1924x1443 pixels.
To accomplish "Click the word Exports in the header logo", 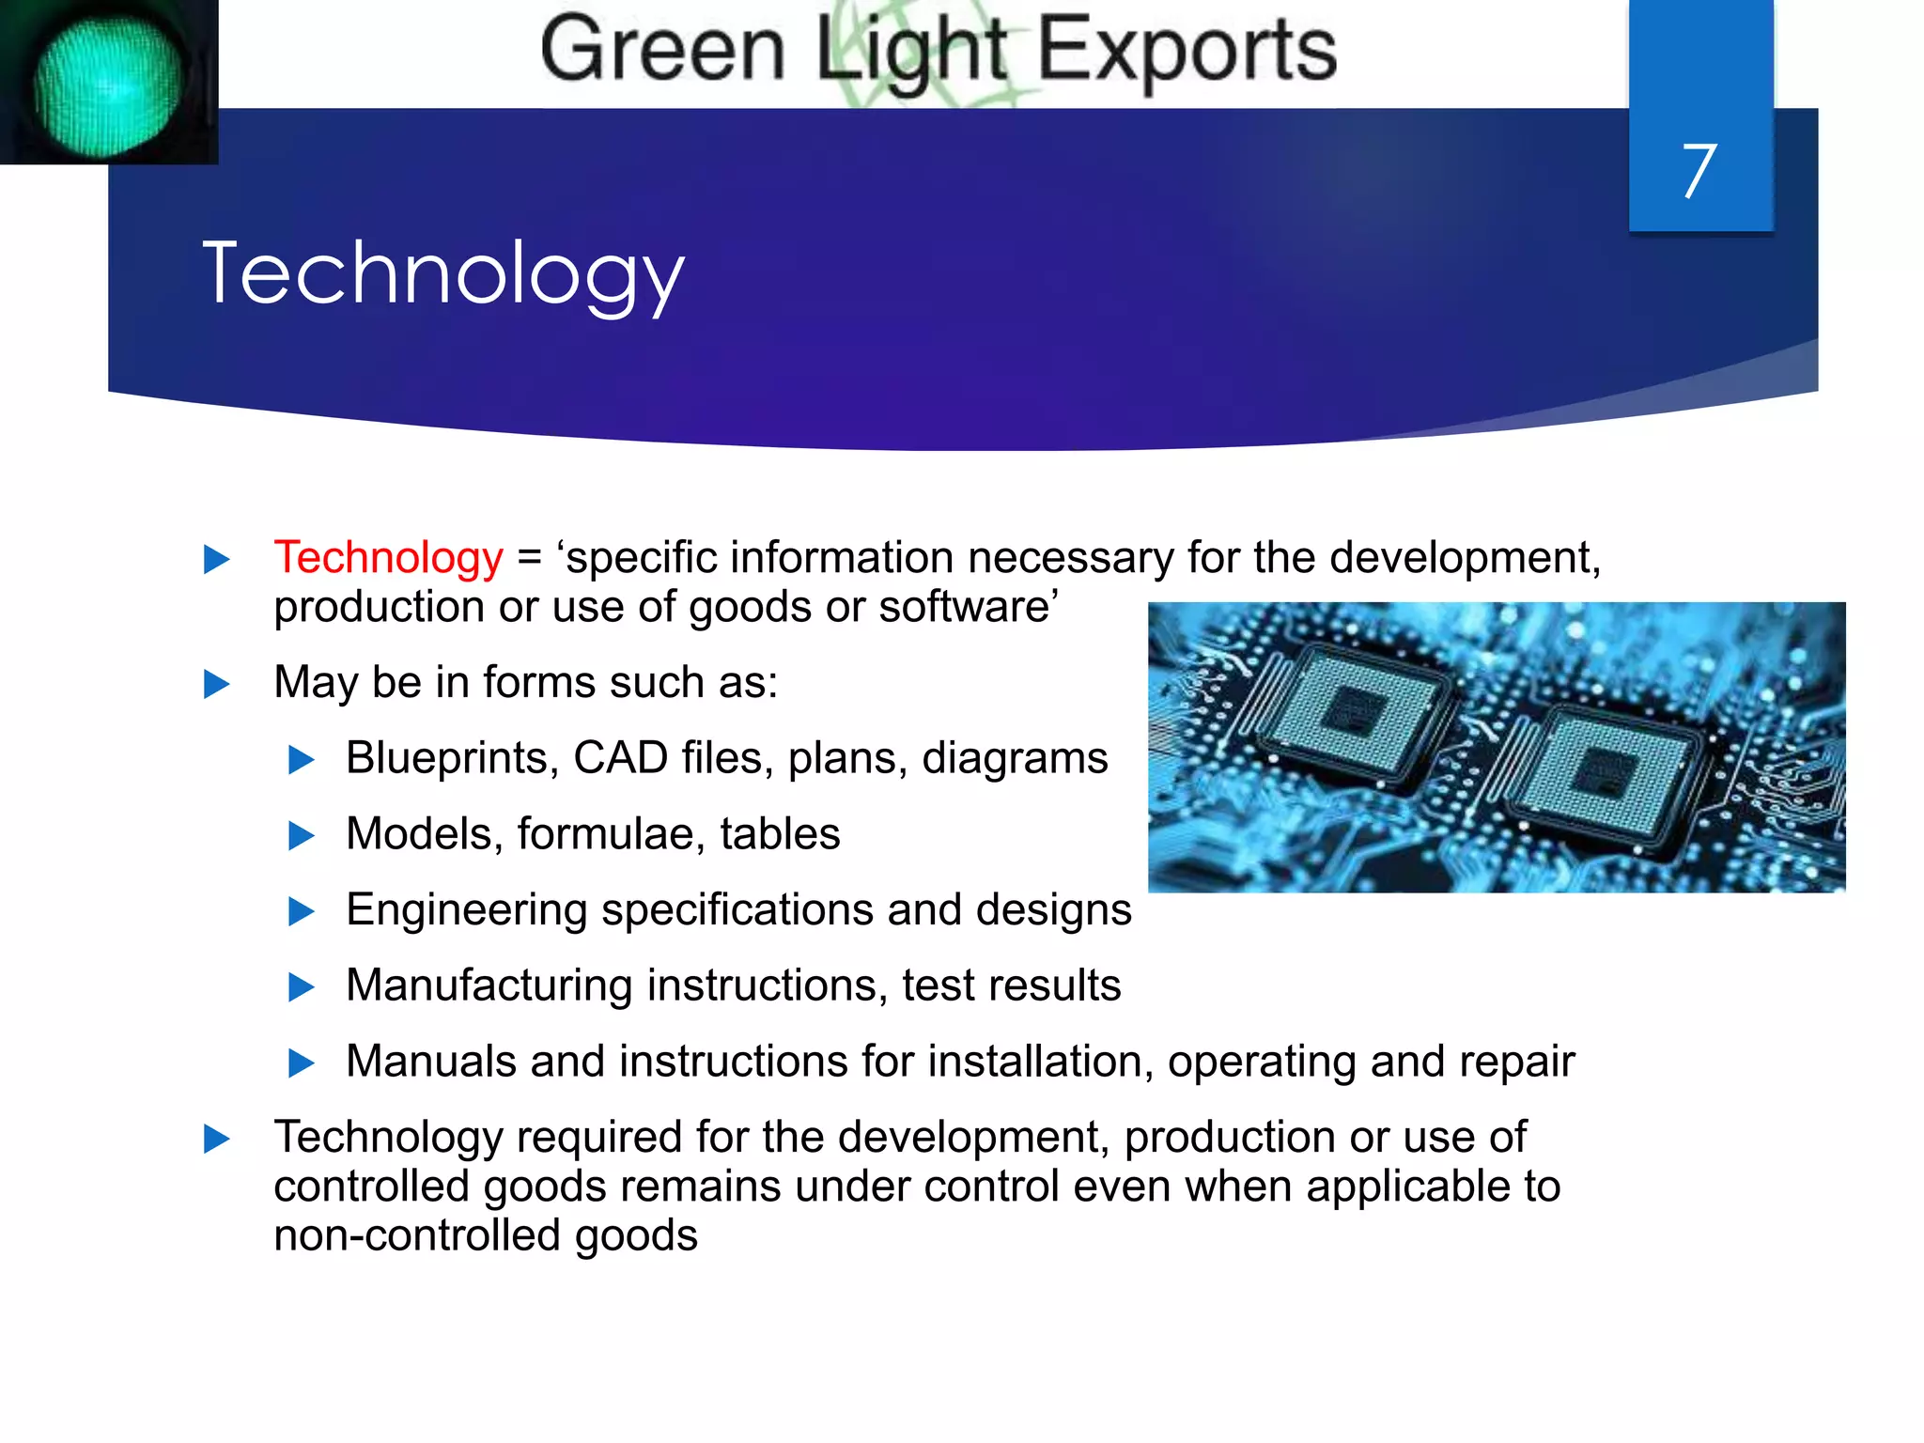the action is [1187, 51].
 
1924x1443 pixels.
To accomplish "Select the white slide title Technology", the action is [443, 273].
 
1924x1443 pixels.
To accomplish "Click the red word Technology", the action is [388, 557].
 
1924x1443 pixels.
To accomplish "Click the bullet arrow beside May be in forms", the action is [217, 684].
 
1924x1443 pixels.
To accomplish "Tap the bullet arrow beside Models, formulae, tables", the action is [301, 835].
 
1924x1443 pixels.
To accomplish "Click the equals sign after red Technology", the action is [530, 558].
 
